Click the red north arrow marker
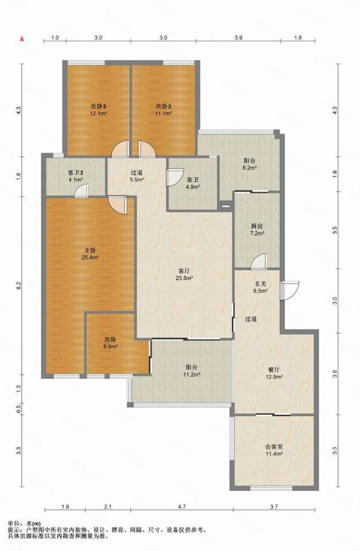22,38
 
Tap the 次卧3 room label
99,106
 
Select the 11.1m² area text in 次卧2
164,114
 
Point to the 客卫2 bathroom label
75,173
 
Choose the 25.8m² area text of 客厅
184,278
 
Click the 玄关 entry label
261,284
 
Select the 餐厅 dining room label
274,370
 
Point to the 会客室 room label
274,447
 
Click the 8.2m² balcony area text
250,168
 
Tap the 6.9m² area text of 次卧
110,347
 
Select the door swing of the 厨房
260,261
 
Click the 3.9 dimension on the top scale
238,38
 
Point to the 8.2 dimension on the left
19,285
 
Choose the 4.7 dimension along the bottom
182,506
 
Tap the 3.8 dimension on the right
335,373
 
